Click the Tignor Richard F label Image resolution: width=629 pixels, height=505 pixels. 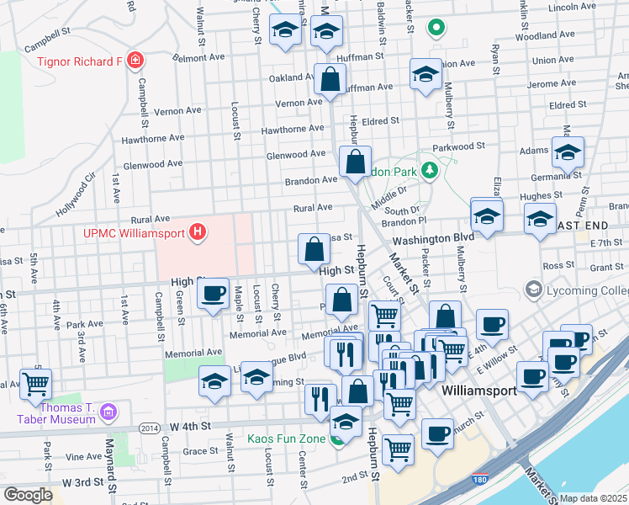tap(79, 61)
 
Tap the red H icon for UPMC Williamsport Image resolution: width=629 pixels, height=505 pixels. tap(198, 232)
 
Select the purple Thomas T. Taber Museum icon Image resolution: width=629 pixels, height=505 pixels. tap(108, 412)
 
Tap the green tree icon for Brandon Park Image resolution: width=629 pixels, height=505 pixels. tap(430, 172)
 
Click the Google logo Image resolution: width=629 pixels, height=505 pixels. tap(28, 495)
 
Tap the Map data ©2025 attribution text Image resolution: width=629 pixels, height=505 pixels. tap(593, 498)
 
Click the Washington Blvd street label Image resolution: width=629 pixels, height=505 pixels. tap(432, 238)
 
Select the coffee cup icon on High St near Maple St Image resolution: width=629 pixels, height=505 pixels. tap(212, 294)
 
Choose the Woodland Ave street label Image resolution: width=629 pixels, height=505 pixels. tap(544, 36)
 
